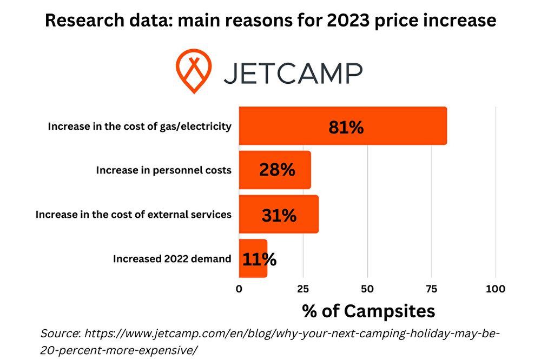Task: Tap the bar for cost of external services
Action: pyautogui.click(x=249, y=214)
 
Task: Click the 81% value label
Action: pyautogui.click(x=346, y=127)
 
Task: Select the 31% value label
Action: pyautogui.click(x=279, y=215)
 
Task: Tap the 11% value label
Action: pyautogui.click(x=259, y=259)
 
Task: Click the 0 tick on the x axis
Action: pyautogui.click(x=239, y=289)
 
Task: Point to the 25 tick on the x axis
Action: pyautogui.click(x=303, y=289)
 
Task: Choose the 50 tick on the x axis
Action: pyautogui.click(x=367, y=289)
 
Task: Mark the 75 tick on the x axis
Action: pyautogui.click(x=431, y=289)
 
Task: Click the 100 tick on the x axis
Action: pyautogui.click(x=496, y=289)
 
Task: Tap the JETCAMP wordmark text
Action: pyautogui.click(x=293, y=72)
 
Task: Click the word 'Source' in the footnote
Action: pyautogui.click(x=60, y=333)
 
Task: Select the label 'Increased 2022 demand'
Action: pyautogui.click(x=172, y=259)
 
